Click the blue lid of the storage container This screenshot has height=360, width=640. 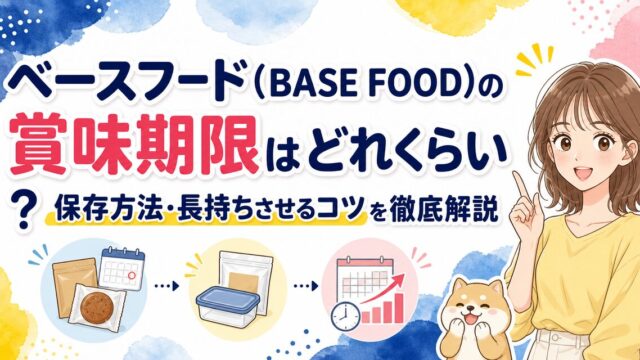point(227,297)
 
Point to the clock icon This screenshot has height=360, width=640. point(345,316)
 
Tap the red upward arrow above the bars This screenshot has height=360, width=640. point(382,289)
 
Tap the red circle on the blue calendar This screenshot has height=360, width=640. point(131,276)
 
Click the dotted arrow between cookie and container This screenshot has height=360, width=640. point(167,286)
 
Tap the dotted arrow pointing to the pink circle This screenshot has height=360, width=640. point(305,286)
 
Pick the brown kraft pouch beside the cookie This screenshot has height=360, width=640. point(73,287)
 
